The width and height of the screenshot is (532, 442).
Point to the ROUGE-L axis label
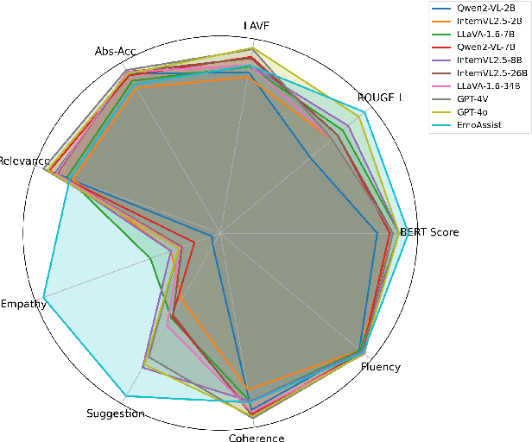click(379, 98)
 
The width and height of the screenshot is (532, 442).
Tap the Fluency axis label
click(381, 367)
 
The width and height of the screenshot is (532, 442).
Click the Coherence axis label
click(256, 438)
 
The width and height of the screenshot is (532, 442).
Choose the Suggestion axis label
click(116, 414)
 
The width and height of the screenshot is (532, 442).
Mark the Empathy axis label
click(23, 304)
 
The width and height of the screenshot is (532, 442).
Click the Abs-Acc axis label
click(114, 52)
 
